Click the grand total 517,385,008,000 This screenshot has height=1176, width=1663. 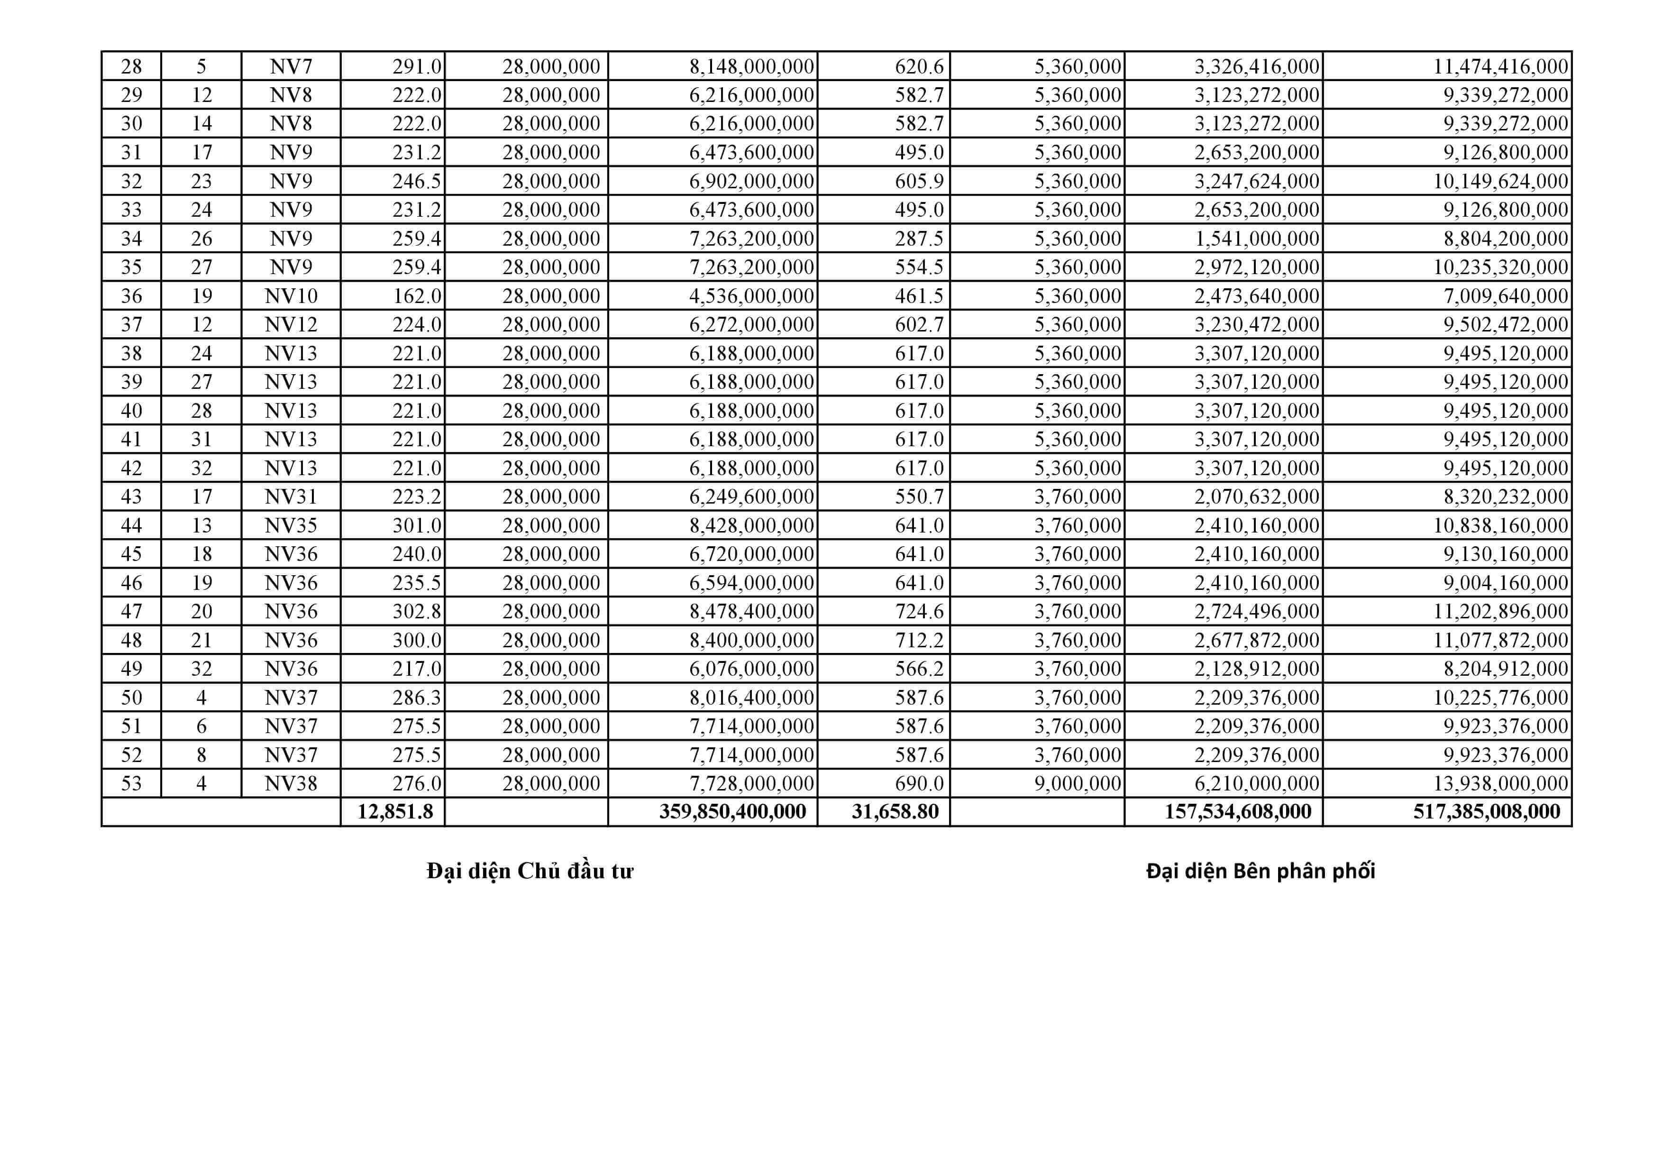click(x=1486, y=811)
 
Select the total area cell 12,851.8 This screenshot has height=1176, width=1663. click(x=395, y=811)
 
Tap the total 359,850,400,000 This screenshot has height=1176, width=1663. click(x=732, y=811)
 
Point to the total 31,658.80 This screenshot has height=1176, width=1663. click(x=895, y=811)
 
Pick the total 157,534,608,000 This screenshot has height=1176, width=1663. click(x=1238, y=811)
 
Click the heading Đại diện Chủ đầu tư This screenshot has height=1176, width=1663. click(x=530, y=871)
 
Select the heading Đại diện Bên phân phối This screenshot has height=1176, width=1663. click(x=1261, y=871)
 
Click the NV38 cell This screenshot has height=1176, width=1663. click(x=291, y=783)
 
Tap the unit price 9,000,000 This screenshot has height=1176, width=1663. click(x=1077, y=783)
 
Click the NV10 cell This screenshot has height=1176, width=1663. click(x=291, y=295)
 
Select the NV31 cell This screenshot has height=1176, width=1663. click(x=291, y=496)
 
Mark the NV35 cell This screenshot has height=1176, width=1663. click(x=291, y=525)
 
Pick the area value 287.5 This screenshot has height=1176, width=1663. click(x=919, y=239)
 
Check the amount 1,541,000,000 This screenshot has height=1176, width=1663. click(x=1257, y=239)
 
